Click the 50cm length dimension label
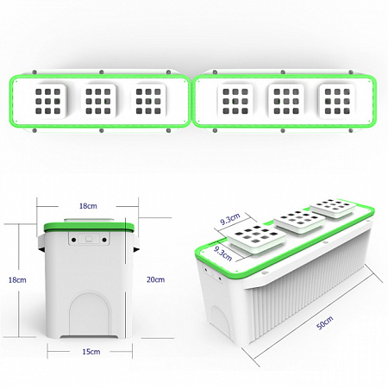pyautogui.click(x=324, y=322)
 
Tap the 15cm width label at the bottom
pyautogui.click(x=91, y=352)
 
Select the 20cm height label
pyautogui.click(x=155, y=279)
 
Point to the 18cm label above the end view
pyautogui.click(x=88, y=206)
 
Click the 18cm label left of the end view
pyautogui.click(x=17, y=279)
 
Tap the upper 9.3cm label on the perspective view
pyautogui.click(x=230, y=219)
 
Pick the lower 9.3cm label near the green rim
pyautogui.click(x=222, y=253)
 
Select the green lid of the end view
pyautogui.click(x=89, y=227)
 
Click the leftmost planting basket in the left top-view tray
pyautogui.click(x=48, y=101)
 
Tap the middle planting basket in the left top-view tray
pyautogui.click(x=98, y=101)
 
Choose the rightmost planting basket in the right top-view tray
pyautogui.click(x=337, y=101)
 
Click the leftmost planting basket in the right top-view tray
pyautogui.click(x=235, y=101)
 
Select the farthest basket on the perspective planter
pyautogui.click(x=334, y=208)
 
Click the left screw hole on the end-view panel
pyautogui.click(x=74, y=240)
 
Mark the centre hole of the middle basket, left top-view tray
pyautogui.click(x=98, y=101)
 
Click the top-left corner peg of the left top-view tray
pyautogui.click(x=34, y=72)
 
